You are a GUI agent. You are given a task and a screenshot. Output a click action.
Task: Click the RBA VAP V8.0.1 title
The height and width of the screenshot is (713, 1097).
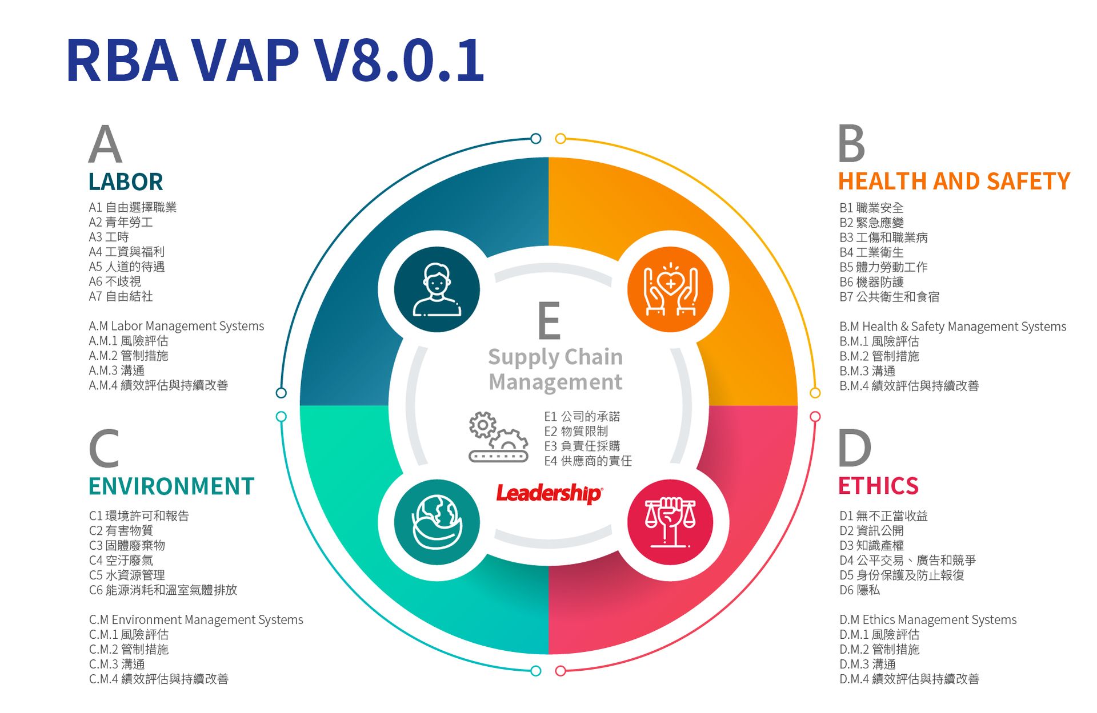click(275, 60)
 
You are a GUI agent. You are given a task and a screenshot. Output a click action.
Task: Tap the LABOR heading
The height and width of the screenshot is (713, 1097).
click(126, 182)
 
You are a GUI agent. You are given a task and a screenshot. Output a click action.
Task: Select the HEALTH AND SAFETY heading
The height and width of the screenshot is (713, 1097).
click(954, 182)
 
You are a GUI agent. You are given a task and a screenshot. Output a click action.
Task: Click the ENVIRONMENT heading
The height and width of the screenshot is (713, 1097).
click(171, 486)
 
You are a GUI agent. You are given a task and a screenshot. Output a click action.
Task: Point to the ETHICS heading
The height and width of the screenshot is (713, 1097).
click(878, 486)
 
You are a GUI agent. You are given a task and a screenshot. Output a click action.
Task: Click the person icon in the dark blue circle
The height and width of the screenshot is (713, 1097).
click(437, 289)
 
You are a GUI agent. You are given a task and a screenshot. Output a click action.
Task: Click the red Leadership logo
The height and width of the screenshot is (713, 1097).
click(548, 493)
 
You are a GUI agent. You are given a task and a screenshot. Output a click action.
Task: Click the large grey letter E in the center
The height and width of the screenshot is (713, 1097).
click(549, 321)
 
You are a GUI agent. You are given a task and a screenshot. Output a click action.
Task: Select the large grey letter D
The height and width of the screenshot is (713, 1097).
click(854, 448)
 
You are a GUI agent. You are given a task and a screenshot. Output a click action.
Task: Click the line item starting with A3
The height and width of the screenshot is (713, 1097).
click(109, 237)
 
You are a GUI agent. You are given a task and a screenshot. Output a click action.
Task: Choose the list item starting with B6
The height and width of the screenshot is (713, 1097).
click(871, 282)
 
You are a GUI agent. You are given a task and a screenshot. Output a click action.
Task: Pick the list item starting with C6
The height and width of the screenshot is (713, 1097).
click(163, 590)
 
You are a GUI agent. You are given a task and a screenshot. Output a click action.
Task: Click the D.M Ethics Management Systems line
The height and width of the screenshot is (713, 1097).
click(928, 620)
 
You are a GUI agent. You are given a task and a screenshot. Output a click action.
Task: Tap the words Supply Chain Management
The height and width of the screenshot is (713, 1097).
click(555, 369)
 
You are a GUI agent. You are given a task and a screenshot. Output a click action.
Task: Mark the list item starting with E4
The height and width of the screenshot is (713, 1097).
click(587, 461)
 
